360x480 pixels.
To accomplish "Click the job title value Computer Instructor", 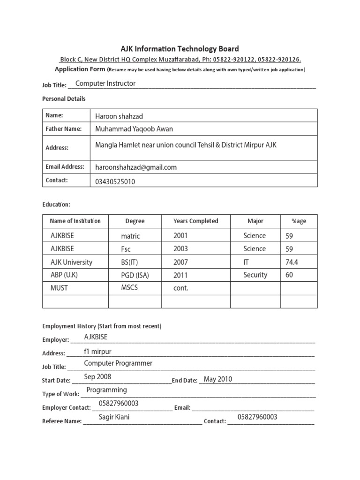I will click(x=105, y=83).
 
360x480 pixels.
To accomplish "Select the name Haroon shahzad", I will click(x=120, y=116).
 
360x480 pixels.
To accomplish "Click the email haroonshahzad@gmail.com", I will click(x=136, y=167).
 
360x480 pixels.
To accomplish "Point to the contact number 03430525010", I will click(x=115, y=182).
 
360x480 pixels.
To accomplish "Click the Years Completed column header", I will click(x=195, y=221).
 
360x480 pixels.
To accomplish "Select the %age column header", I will click(x=299, y=221).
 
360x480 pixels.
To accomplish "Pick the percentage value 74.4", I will click(x=292, y=262).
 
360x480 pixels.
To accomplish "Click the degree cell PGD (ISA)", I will click(x=135, y=276).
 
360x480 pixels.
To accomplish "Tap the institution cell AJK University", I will click(x=71, y=262).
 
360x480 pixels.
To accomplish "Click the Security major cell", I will click(x=255, y=275).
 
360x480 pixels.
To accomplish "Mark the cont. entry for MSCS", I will click(x=180, y=288).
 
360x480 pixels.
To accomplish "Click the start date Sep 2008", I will click(x=97, y=377).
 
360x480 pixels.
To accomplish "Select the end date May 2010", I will click(x=218, y=379).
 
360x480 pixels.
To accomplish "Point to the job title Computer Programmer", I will click(x=118, y=363).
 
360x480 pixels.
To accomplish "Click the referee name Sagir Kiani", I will click(x=114, y=417).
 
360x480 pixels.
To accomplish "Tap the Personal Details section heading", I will click(x=64, y=99).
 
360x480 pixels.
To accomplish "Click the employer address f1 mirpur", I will click(x=97, y=352).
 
